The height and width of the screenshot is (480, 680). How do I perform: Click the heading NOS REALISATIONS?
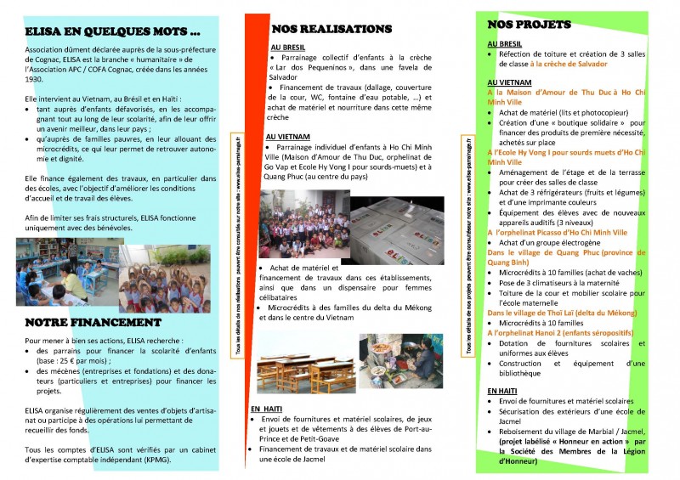(x=331, y=29)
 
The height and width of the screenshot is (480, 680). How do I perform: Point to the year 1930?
(x=34, y=79)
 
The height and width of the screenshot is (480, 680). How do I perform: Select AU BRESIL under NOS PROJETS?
(x=505, y=42)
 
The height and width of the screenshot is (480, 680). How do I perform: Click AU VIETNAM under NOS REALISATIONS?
(x=288, y=136)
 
